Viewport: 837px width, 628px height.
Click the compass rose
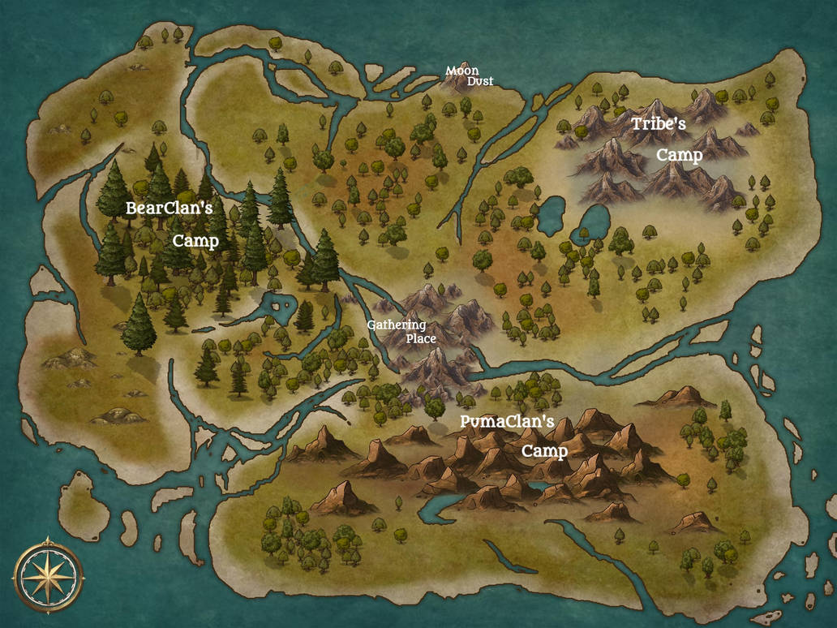point(47,574)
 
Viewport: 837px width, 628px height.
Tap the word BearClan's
point(169,209)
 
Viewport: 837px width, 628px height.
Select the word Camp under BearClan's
point(195,241)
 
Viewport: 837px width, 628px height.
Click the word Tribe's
point(659,124)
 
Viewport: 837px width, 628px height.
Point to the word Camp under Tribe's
point(679,155)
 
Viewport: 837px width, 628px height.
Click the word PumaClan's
point(507,422)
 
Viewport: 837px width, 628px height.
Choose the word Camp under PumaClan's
point(544,450)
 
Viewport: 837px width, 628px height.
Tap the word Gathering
point(396,325)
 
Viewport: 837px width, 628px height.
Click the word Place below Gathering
point(421,338)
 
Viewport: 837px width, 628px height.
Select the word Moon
point(461,71)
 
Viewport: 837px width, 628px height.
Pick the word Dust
point(479,81)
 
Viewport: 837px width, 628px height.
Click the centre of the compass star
point(47,574)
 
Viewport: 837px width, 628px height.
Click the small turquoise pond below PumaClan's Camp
point(537,487)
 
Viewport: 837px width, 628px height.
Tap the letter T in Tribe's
point(637,124)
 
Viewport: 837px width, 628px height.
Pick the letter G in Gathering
point(371,325)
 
